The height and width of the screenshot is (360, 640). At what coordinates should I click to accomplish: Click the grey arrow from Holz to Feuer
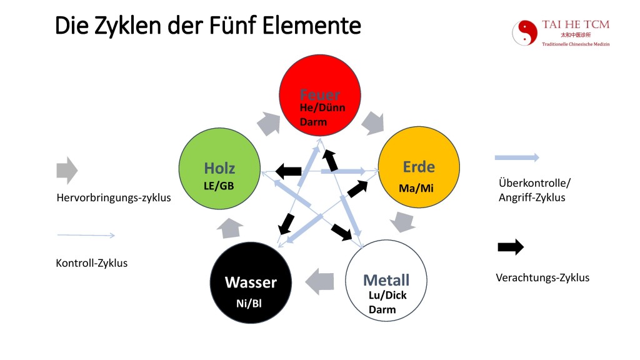point(269,123)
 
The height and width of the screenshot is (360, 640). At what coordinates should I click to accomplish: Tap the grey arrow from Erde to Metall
point(402,221)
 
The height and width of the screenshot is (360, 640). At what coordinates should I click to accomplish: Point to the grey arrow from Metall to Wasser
point(321,281)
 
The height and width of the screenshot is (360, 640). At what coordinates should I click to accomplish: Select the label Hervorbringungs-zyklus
point(113,198)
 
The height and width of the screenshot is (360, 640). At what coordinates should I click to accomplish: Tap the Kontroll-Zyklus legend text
point(91,263)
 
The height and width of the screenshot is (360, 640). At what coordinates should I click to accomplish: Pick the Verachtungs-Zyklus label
point(542,277)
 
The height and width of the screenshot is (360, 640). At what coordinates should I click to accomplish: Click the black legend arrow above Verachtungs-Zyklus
point(511,247)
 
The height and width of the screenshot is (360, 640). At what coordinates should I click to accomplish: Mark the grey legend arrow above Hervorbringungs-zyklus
point(67,169)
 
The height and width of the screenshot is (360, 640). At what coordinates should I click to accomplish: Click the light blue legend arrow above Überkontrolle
point(517,157)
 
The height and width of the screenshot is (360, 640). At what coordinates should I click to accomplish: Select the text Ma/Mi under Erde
point(416,188)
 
